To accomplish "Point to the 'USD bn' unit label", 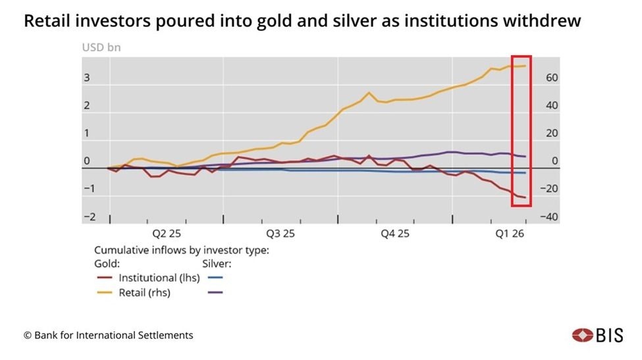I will click(101, 47).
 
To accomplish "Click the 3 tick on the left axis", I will click(86, 78).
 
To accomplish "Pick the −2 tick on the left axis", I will click(89, 217).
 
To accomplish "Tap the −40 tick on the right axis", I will click(548, 217).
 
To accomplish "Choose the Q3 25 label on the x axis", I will click(281, 234).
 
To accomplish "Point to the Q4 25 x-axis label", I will click(395, 234).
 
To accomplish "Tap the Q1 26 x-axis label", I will click(510, 234).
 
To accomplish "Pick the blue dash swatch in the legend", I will click(215, 278).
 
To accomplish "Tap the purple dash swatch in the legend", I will click(215, 292).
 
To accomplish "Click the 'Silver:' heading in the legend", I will click(217, 264).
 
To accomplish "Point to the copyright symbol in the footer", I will click(28, 336).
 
